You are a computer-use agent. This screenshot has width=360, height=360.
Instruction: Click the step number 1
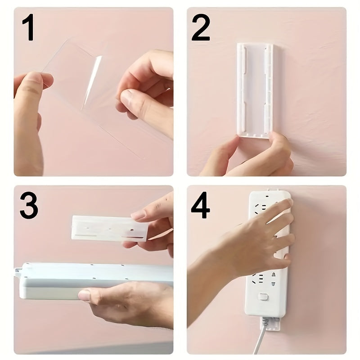[28, 28]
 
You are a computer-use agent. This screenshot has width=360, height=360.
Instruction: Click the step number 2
[201, 28]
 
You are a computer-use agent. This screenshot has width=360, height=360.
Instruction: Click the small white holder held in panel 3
[109, 228]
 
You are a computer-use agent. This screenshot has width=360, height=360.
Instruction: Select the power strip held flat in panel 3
[90, 279]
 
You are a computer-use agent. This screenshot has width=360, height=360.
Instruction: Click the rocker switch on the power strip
[264, 297]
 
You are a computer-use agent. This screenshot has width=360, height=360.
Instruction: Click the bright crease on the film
[92, 81]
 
